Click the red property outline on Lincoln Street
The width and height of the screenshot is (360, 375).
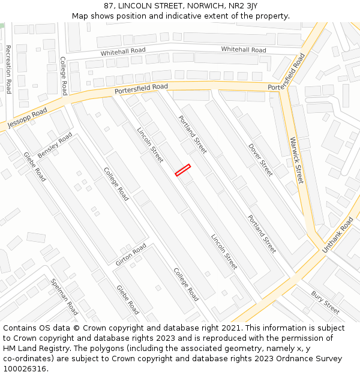click(x=183, y=170)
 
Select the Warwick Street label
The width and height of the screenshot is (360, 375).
click(x=297, y=161)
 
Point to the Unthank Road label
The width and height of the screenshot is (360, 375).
click(x=338, y=235)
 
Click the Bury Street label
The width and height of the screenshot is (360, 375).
click(x=325, y=302)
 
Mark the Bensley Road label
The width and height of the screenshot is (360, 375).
click(x=55, y=145)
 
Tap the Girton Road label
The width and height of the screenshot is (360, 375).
click(x=131, y=254)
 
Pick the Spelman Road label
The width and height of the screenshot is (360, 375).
click(x=64, y=296)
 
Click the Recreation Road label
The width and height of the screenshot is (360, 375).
click(x=8, y=69)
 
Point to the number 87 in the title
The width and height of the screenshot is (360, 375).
click(x=109, y=6)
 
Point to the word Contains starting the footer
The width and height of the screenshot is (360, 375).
click(x=21, y=328)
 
